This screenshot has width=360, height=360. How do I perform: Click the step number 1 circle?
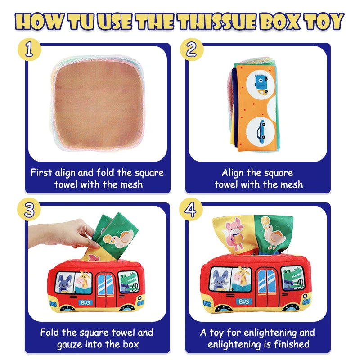tap(29, 49)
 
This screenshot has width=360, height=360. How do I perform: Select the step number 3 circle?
tap(29, 210)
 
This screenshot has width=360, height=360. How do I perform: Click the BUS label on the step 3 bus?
tap(85, 302)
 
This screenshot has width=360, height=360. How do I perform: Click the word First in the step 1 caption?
tap(41, 172)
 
